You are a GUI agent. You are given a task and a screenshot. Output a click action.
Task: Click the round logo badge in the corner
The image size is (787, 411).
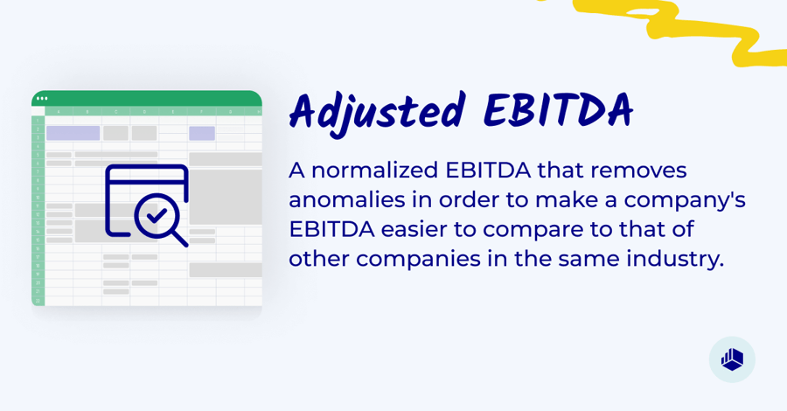point(732,359)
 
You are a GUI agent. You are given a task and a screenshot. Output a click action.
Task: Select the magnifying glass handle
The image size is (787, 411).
point(179,237)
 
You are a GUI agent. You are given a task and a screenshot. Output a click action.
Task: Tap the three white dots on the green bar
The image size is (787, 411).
point(42,98)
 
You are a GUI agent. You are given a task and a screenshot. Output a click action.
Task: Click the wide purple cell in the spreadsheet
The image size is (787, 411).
point(73,133)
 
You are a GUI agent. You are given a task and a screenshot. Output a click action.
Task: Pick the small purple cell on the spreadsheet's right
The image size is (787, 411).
point(202,133)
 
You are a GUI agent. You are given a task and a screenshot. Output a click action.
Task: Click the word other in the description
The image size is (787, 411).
point(318,260)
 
